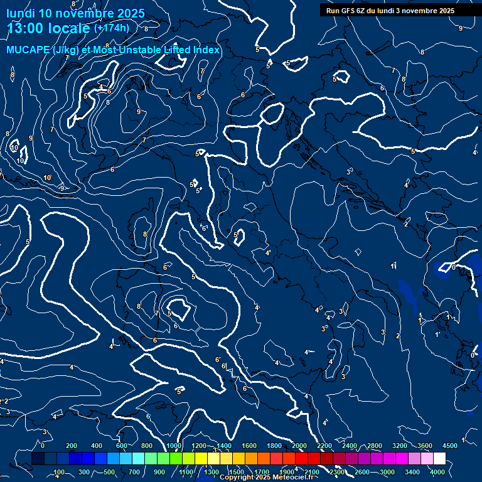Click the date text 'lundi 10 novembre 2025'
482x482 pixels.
[75, 13]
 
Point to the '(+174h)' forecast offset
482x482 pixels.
[112, 28]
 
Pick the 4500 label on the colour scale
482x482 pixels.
[450, 446]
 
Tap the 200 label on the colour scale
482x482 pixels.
[72, 446]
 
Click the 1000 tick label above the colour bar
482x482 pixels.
[174, 446]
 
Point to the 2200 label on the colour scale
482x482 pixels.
[324, 446]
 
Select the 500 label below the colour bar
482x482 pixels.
[109, 472]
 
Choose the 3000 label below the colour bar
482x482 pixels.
[387, 472]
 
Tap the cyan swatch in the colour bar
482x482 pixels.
[138, 459]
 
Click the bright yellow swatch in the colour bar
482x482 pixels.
[213, 459]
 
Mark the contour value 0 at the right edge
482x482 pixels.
[472, 355]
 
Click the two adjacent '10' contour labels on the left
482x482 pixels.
[17, 154]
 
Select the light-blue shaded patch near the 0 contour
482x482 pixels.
[439, 271]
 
